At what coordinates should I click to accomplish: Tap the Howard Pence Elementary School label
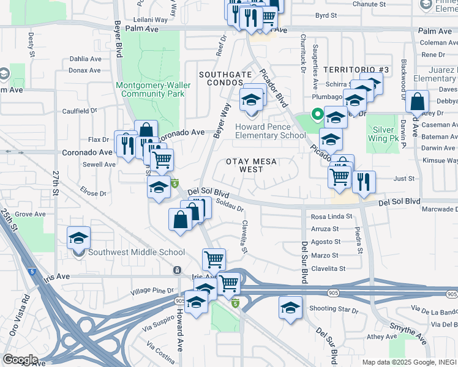270,131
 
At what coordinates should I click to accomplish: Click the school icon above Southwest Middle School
78,238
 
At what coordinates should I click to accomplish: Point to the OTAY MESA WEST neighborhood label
252,165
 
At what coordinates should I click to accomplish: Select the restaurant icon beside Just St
364,182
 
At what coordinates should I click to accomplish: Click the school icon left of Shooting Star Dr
290,307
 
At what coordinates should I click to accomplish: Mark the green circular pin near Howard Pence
317,114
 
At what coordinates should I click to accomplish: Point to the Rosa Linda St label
332,217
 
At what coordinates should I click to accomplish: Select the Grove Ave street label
31,214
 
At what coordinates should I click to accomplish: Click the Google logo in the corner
20,359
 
